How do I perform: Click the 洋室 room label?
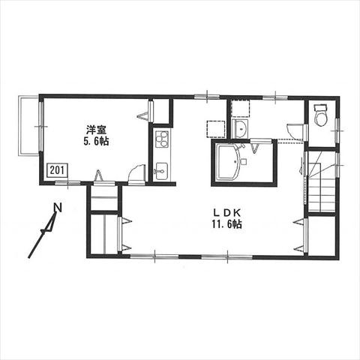click(x=96, y=130)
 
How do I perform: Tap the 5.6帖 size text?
click(x=96, y=142)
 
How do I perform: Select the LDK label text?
click(x=226, y=213)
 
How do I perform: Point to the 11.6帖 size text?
click(x=226, y=224)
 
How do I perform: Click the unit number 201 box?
click(x=57, y=170)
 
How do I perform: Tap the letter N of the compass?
click(x=58, y=207)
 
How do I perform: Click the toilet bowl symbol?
click(x=321, y=118)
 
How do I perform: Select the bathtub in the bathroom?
click(x=228, y=162)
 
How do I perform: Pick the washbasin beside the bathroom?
click(x=241, y=128)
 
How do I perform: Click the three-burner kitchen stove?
click(x=162, y=139)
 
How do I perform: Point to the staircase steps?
click(x=322, y=187)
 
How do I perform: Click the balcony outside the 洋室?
click(x=28, y=127)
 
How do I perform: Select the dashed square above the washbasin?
click(x=240, y=109)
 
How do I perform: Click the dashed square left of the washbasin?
click(x=216, y=129)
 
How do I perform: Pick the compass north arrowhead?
click(x=52, y=221)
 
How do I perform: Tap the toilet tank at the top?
click(x=320, y=107)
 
